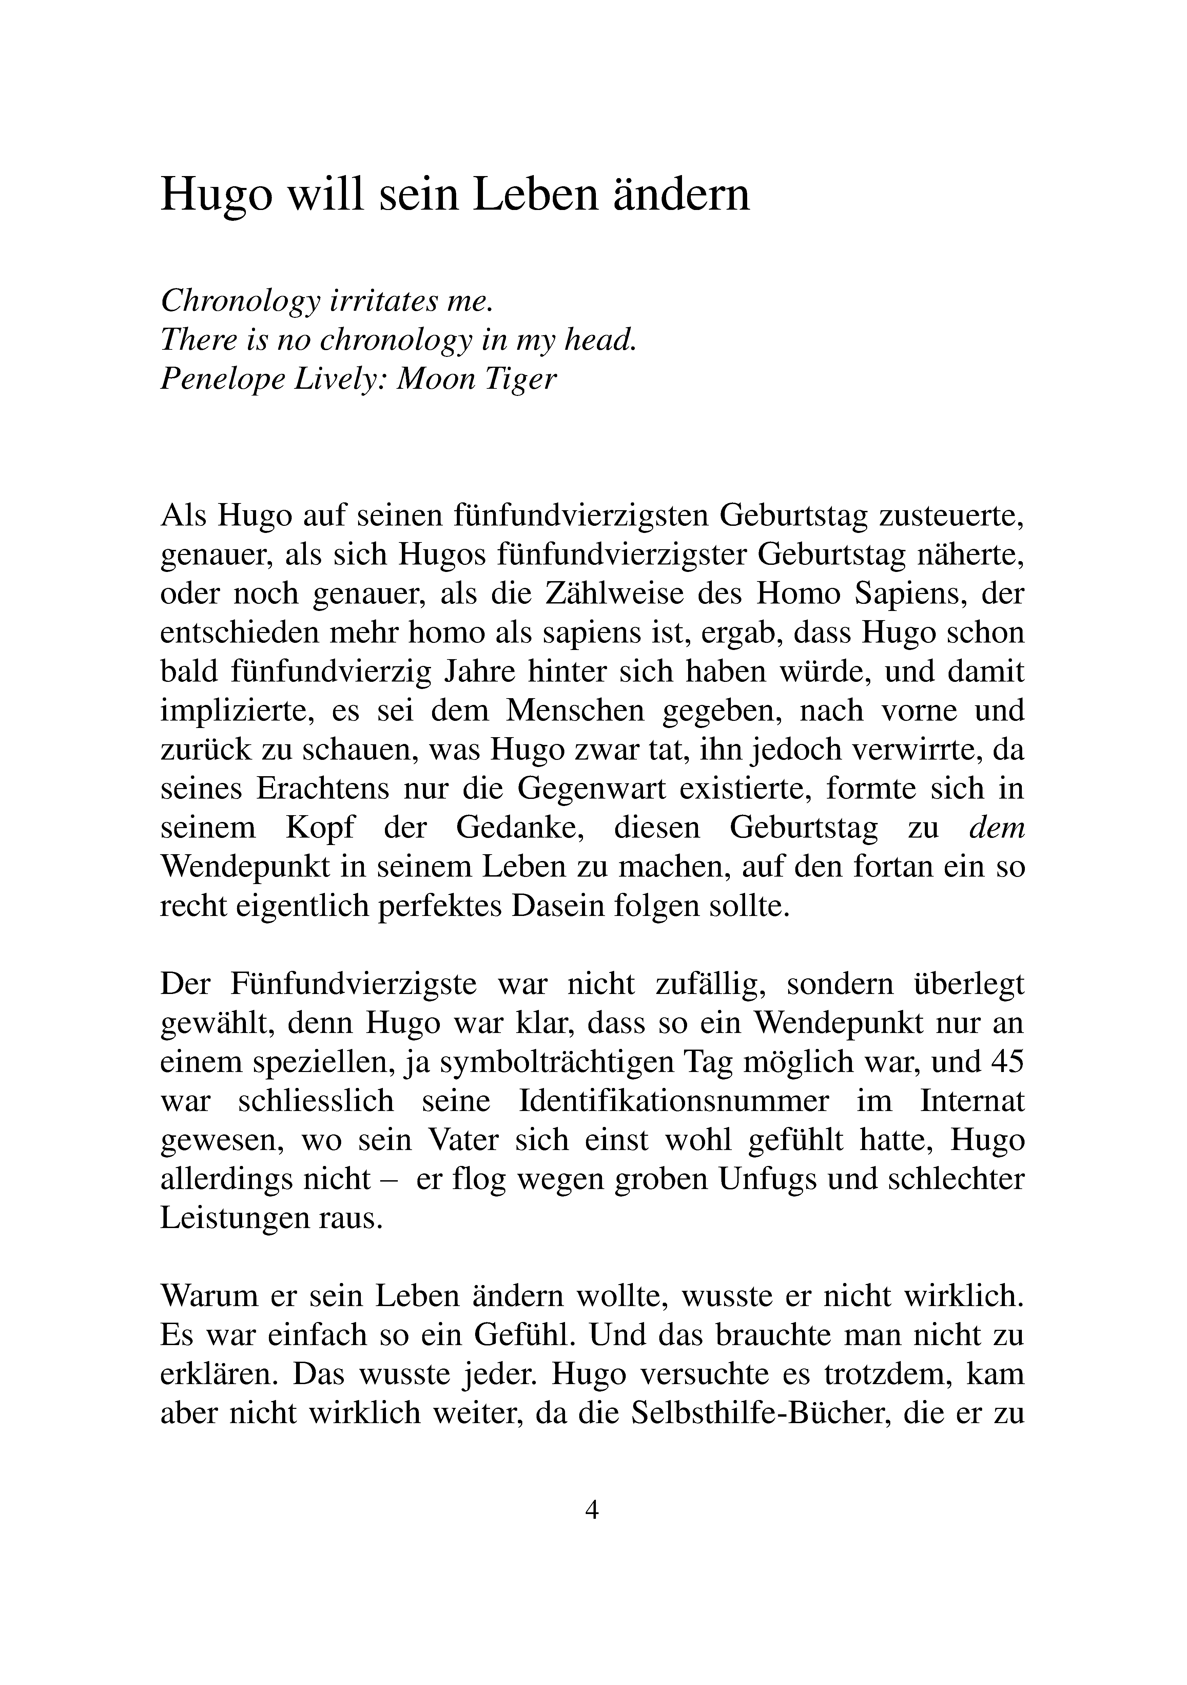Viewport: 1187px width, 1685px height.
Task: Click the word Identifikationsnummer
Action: point(674,1102)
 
